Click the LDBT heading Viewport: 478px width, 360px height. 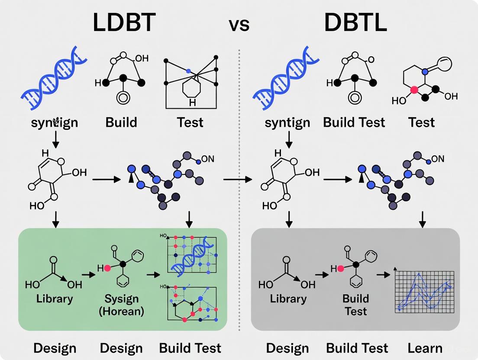pos(124,23)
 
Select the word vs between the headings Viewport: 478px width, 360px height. pos(239,25)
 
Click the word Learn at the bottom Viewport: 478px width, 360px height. pos(425,348)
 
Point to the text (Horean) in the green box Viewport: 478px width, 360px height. pos(121,311)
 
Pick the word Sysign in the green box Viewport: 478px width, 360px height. pos(121,299)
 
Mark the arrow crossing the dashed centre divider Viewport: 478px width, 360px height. pos(237,178)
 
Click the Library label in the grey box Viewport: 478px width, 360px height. pos(288,299)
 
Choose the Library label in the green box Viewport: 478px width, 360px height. pos(55,299)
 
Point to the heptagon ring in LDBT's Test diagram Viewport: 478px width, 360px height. pos(192,91)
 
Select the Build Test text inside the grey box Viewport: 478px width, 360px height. pos(355,305)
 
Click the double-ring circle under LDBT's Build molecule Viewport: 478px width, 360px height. pos(123,98)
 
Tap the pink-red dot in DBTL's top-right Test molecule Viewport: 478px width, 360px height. pos(414,90)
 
